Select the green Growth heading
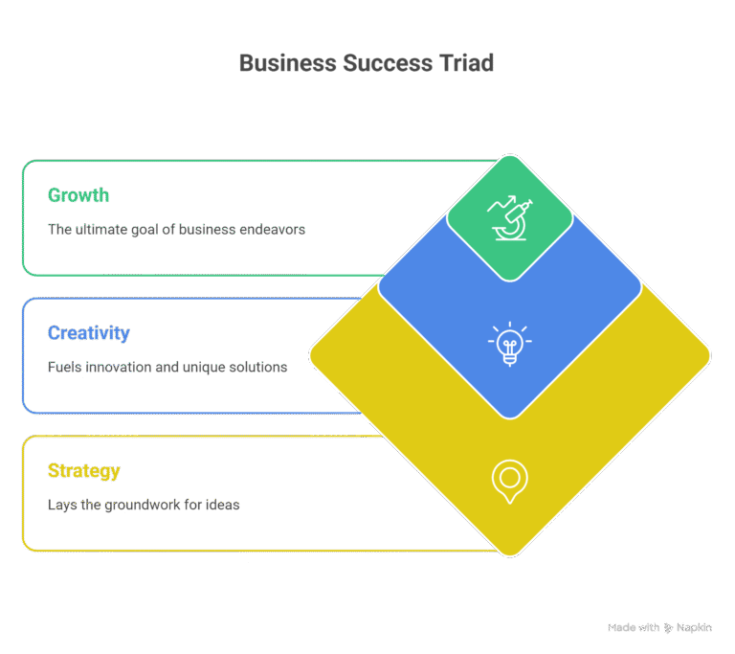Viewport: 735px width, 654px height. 78,195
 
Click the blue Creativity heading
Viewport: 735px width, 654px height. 88,333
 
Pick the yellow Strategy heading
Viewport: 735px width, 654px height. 84,471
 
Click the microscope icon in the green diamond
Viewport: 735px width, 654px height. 510,218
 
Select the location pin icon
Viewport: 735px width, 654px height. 510,482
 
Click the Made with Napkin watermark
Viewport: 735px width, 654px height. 658,627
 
